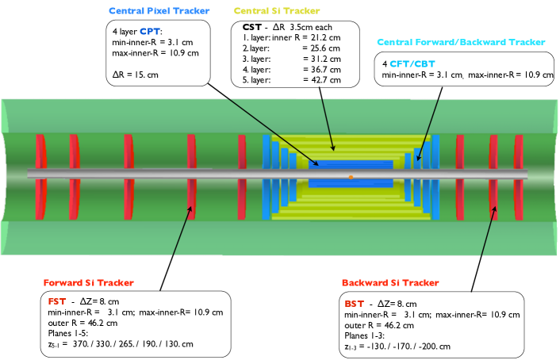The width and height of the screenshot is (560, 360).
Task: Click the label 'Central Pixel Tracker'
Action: [159, 11]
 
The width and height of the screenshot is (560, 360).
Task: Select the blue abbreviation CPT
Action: [150, 32]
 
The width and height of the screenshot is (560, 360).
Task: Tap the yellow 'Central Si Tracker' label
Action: [277, 11]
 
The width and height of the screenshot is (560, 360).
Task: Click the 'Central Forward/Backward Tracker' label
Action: [461, 43]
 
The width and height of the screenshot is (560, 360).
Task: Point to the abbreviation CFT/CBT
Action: [412, 64]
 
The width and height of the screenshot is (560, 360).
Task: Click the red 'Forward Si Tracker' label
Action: [89, 283]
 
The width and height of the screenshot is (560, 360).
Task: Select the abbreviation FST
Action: [57, 301]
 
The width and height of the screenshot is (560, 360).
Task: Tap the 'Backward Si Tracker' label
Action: [389, 283]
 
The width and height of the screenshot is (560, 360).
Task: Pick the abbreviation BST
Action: [354, 304]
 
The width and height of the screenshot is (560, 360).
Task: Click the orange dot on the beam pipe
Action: [351, 177]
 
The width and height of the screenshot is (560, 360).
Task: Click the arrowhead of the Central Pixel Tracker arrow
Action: [317, 165]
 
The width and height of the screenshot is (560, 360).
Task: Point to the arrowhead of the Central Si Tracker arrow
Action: [334, 148]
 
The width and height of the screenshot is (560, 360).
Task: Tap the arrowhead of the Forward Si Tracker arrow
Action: [190, 208]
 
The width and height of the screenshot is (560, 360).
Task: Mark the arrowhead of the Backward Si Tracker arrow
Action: [495, 209]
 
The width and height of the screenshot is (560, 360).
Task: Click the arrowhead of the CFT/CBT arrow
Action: [418, 159]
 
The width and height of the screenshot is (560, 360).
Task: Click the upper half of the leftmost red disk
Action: [40, 151]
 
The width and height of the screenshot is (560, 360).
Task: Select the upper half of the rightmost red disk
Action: [519, 151]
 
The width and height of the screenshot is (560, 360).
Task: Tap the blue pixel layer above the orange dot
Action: [351, 164]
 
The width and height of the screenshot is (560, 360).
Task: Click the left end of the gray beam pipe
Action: [30, 174]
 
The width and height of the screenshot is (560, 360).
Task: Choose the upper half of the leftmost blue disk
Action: [267, 151]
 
